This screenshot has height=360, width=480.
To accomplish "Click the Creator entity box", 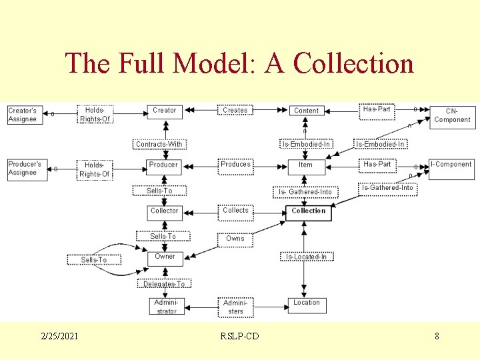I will [x=165, y=111].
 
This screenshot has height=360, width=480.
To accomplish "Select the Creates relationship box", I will [x=235, y=110].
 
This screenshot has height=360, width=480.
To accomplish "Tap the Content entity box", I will [x=306, y=111].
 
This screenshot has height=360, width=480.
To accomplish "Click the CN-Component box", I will [x=452, y=115].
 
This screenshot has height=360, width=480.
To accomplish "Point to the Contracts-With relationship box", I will [x=159, y=144].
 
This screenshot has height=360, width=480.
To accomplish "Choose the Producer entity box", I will [x=164, y=165].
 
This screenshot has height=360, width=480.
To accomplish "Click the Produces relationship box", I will [x=235, y=164].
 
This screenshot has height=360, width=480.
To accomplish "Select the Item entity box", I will [x=306, y=165].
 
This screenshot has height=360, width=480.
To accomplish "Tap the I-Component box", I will [x=451, y=164].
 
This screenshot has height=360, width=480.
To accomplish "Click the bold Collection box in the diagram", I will [x=309, y=212].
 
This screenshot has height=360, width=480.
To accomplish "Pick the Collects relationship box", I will [x=235, y=211].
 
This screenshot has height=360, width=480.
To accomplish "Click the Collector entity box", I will [x=165, y=211].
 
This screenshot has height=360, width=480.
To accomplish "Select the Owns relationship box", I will [x=235, y=239].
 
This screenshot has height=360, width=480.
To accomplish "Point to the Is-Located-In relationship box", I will [x=306, y=257].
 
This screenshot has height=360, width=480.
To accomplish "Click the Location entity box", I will [x=306, y=304].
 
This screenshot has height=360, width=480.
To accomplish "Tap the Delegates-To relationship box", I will [x=164, y=284].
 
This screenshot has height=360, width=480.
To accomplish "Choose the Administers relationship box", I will [x=235, y=307].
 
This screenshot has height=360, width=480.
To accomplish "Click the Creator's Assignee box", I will [x=23, y=115].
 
